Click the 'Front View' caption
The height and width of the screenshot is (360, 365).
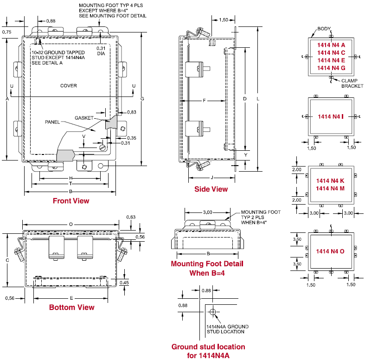point(71,201)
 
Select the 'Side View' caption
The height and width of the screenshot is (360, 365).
point(211,189)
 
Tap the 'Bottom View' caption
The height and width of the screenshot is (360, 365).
point(71,307)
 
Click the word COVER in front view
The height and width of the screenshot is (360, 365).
point(68,86)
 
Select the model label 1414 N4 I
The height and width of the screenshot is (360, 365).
point(331,116)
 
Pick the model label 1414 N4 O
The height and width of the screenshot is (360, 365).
point(330,251)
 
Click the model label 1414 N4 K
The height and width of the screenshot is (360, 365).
point(330,180)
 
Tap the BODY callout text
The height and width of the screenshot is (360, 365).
point(324,29)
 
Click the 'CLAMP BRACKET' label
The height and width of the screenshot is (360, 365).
point(352,83)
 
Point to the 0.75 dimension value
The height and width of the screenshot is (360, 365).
point(7,32)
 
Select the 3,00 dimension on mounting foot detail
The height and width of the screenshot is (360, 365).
point(207,212)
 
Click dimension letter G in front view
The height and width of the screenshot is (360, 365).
point(142,98)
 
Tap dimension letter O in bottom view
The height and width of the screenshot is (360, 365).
point(70,224)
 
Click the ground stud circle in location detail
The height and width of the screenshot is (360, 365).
point(212,311)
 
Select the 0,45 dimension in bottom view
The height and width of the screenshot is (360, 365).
point(124,283)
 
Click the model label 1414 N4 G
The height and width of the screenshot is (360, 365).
point(331,68)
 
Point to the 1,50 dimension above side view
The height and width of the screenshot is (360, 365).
point(223,20)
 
